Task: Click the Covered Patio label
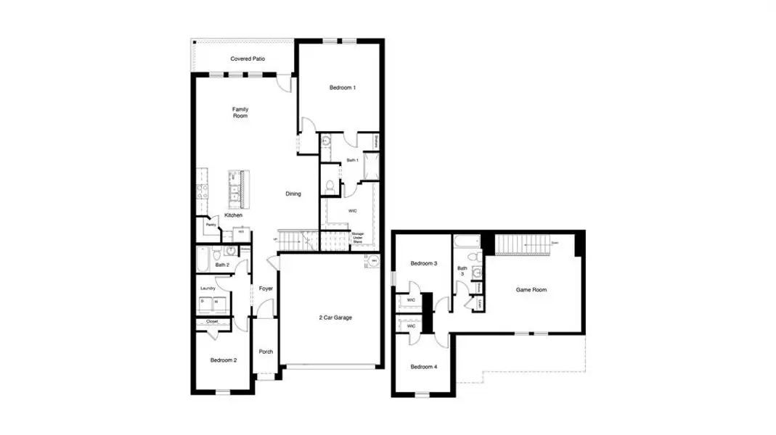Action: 247,59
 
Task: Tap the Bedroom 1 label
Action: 343,88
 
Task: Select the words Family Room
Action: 240,112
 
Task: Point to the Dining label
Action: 293,194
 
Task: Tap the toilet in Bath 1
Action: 330,187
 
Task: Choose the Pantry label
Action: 211,225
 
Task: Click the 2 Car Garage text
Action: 335,317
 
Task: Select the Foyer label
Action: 266,289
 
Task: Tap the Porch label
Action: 266,352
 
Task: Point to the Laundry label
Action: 208,288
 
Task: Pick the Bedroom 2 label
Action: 224,360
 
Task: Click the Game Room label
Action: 531,289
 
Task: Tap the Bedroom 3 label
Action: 424,263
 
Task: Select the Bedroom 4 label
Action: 424,367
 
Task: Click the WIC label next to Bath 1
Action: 352,211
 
